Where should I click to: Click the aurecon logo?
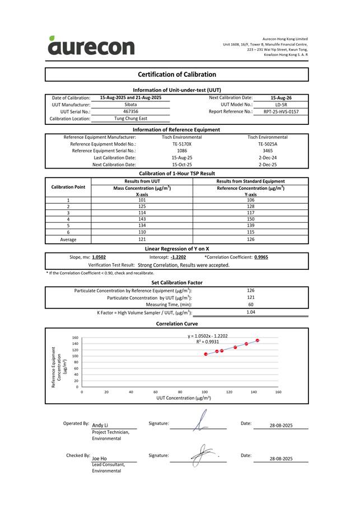click(x=91, y=46)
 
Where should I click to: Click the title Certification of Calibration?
click(x=176, y=74)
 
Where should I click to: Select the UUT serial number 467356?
click(x=130, y=111)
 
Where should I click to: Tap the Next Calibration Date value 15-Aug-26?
click(x=281, y=97)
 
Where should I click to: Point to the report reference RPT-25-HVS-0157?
click(x=281, y=111)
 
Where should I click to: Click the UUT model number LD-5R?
click(x=281, y=105)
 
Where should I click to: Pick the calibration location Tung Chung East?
click(x=130, y=119)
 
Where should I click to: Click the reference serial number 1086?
click(x=182, y=151)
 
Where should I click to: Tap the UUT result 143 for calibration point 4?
click(x=142, y=220)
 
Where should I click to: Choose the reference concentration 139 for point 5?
click(x=250, y=226)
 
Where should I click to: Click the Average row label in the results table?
click(x=68, y=239)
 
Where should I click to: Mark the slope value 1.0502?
click(x=99, y=257)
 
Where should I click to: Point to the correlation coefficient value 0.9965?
click(x=261, y=257)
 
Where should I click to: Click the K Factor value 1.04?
click(x=251, y=312)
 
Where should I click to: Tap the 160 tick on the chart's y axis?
click(x=75, y=338)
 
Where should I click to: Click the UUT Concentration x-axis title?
click(x=184, y=398)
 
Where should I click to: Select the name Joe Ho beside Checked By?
click(x=99, y=458)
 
